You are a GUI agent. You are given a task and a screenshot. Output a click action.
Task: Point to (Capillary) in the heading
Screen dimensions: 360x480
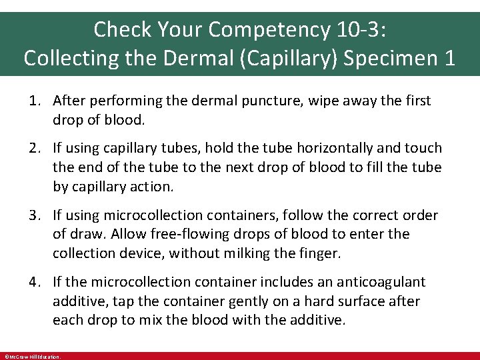(294, 57)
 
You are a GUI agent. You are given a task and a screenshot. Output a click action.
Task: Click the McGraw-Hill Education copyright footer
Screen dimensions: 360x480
(32, 357)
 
